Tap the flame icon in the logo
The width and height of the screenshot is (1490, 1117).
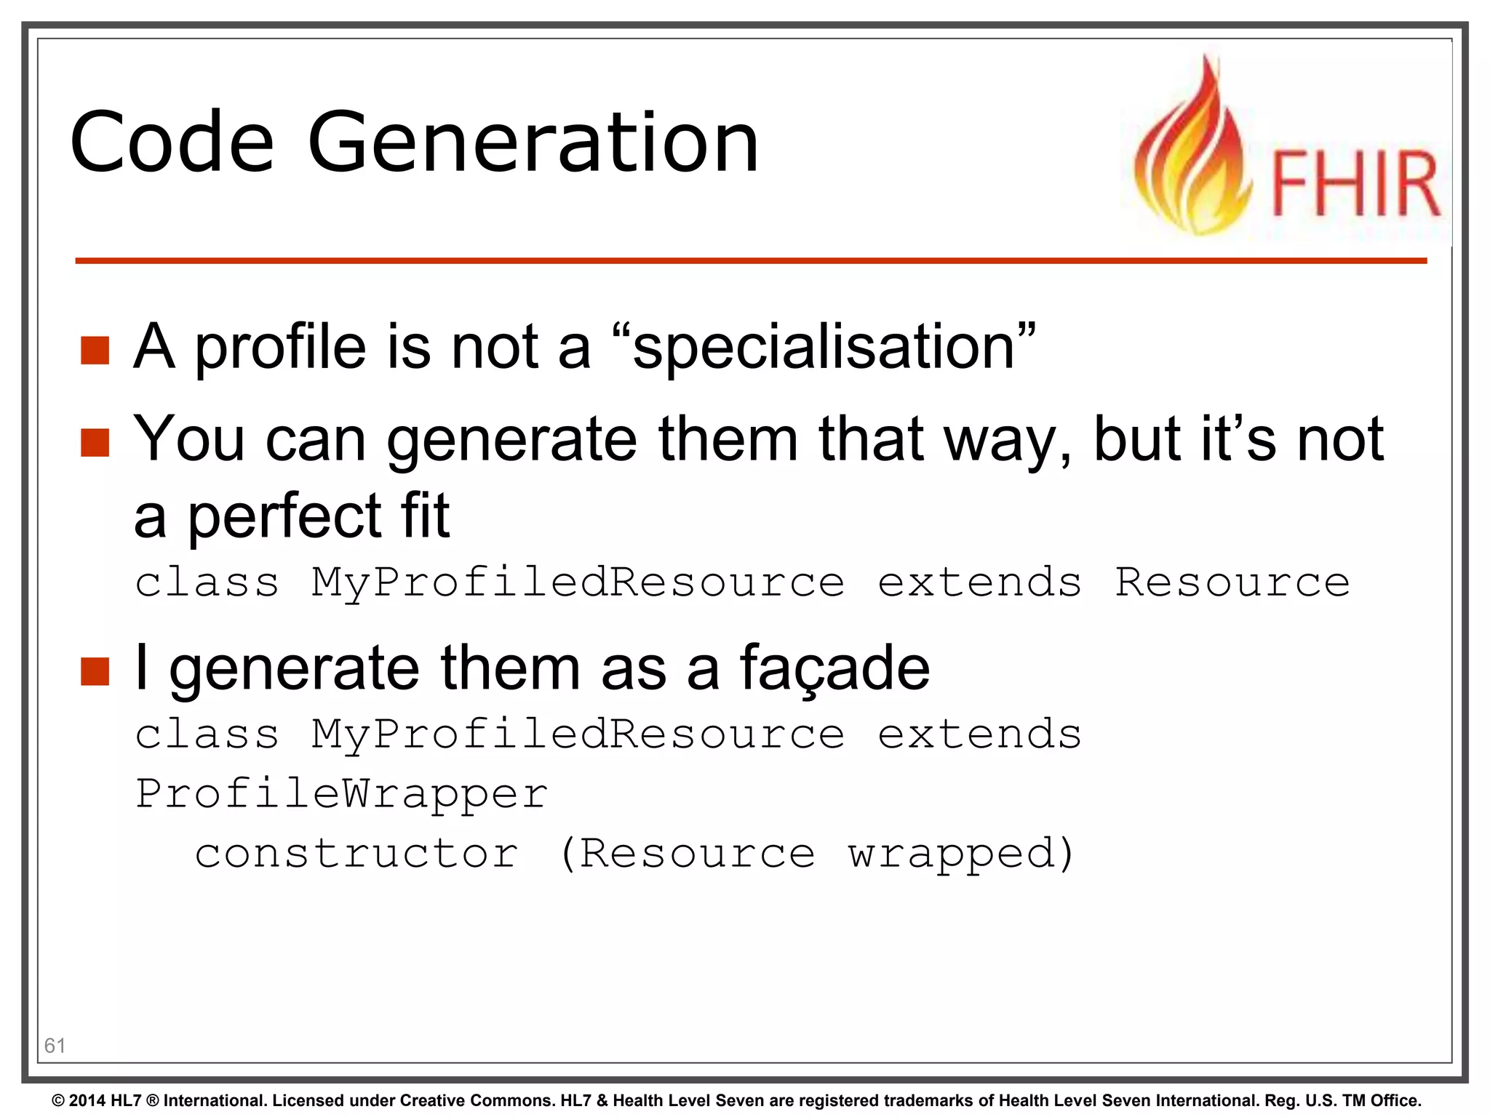click(x=1193, y=153)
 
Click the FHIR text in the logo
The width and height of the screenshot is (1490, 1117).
click(x=1355, y=183)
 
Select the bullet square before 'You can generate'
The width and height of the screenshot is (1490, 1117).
click(x=95, y=442)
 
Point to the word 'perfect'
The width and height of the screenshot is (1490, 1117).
click(x=284, y=516)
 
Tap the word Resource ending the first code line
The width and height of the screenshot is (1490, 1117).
click(x=1232, y=582)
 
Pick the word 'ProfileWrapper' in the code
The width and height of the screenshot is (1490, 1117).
click(x=342, y=793)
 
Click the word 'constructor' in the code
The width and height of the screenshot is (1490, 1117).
click(x=356, y=853)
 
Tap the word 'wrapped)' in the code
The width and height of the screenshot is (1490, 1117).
click(x=960, y=854)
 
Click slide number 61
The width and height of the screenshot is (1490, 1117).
click(x=55, y=1046)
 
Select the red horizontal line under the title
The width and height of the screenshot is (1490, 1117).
click(x=749, y=260)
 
